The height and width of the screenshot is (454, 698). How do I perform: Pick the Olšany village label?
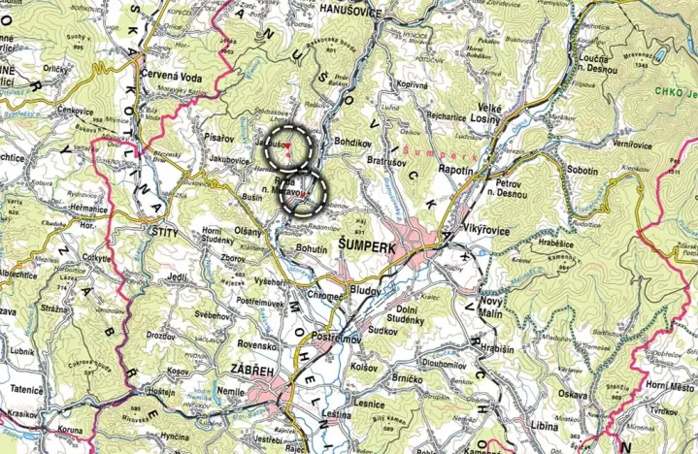point(248,232)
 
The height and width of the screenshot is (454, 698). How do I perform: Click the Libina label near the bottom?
point(546,426)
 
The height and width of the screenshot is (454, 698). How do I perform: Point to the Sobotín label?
point(582,171)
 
